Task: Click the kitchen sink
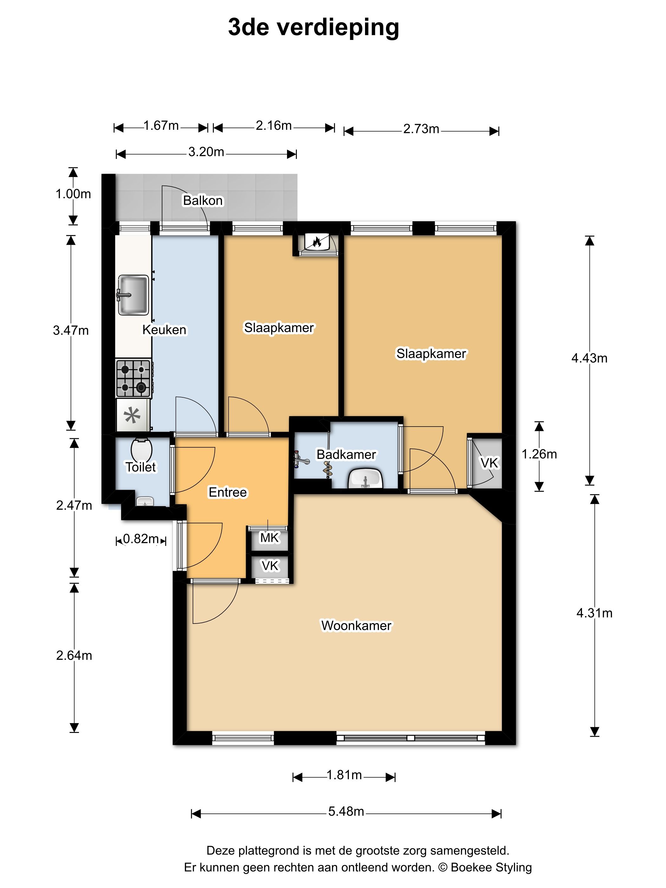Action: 133,295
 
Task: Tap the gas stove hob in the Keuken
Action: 133,378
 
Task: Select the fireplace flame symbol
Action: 316,242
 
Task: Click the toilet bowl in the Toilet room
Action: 141,450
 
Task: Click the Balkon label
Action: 203,200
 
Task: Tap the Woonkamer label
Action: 356,625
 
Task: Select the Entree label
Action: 228,492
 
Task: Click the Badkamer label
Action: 346,454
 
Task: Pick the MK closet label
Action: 269,538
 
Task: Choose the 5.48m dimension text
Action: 346,811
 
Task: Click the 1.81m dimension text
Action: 344,775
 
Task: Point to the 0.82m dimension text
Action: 140,539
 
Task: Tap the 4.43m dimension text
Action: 589,358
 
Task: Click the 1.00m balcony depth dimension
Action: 73,194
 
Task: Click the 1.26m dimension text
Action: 539,454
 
